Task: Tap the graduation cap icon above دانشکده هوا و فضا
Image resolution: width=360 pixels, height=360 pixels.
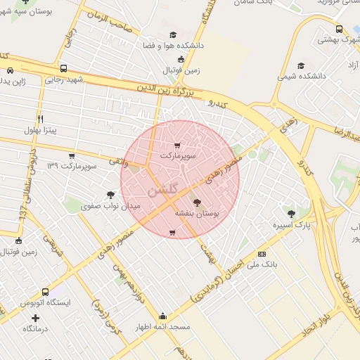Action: [173, 35]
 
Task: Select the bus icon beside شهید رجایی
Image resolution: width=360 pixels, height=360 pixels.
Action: [64, 69]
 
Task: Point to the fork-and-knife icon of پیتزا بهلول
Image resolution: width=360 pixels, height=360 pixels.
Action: [40, 120]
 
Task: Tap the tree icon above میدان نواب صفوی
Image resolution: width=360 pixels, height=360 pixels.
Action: [110, 195]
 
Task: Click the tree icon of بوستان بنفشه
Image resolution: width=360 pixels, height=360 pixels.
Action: [196, 202]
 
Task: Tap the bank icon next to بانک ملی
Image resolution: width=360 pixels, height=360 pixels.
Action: [262, 254]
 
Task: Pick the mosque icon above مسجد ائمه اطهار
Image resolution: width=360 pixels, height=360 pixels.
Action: [163, 316]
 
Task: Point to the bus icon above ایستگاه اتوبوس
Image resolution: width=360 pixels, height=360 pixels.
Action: [46, 292]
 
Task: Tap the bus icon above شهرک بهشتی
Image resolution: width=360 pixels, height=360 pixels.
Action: [340, 30]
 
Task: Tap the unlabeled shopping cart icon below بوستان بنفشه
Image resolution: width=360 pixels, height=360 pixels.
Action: [172, 232]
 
